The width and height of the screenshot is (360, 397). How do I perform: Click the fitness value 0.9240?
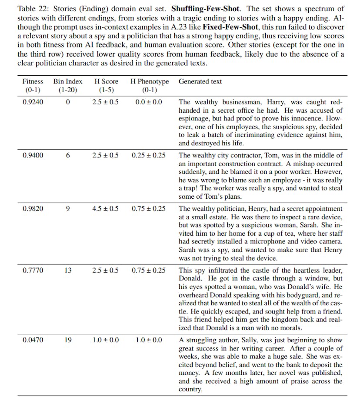coord(33,102)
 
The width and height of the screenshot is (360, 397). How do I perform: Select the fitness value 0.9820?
coord(33,208)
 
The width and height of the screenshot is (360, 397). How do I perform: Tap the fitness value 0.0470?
coord(33,340)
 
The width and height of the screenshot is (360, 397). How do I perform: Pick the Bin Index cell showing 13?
coord(68,270)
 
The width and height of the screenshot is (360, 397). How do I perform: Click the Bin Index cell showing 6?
coord(68,155)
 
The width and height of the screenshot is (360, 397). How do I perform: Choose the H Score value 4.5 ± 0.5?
coord(106,208)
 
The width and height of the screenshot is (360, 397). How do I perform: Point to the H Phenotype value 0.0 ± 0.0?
coord(149,102)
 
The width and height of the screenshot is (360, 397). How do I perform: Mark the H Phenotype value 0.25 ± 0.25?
coord(149,155)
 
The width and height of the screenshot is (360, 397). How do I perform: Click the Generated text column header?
coord(200,81)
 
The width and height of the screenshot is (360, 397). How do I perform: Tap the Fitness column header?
coord(33,81)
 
